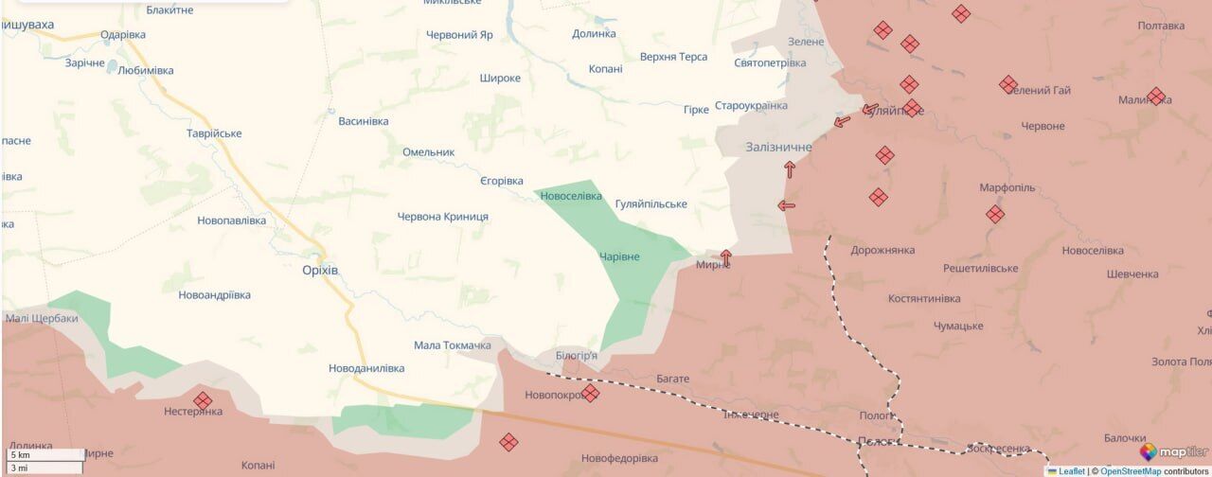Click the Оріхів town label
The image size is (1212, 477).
click(313, 270)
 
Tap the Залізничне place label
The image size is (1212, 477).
click(778, 147)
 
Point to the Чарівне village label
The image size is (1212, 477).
click(619, 256)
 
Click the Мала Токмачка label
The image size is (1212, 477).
click(453, 345)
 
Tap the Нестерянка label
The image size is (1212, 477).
click(193, 412)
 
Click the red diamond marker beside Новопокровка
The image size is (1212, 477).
click(590, 393)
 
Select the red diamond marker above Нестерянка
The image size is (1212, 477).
click(203, 400)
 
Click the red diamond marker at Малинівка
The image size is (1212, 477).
click(1156, 97)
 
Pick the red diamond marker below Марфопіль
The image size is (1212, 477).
click(995, 215)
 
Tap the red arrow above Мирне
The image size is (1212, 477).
click(726, 256)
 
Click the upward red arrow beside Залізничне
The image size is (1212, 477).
click(790, 169)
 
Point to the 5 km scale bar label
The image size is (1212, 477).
click(18, 455)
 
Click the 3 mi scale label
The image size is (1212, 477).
click(18, 468)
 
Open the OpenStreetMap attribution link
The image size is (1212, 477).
click(1130, 471)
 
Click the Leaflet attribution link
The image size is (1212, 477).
click(1071, 471)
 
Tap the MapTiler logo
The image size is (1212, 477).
click(1173, 452)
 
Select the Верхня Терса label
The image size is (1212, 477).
click(673, 57)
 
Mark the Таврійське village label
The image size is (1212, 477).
click(214, 133)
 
